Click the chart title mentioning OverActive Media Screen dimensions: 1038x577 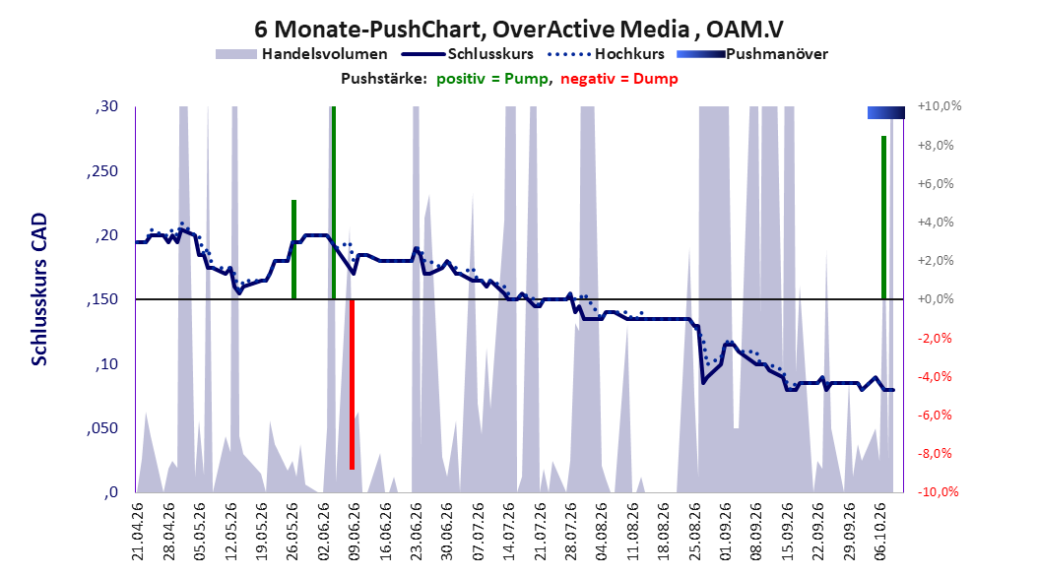[519, 30]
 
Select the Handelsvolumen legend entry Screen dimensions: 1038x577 [302, 54]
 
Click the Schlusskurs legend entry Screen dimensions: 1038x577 [468, 54]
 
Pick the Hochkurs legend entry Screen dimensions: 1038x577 [607, 54]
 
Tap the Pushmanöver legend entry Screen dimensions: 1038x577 [752, 54]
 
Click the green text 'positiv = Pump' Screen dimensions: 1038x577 [492, 79]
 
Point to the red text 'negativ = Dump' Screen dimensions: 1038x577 [619, 79]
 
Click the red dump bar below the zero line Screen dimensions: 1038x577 [353, 384]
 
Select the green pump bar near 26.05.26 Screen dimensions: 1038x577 [293, 249]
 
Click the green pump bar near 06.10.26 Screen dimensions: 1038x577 [883, 218]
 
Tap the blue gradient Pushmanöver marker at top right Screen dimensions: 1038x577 [886, 112]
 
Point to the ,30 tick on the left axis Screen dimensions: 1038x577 [106, 106]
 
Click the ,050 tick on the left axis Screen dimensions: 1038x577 [102, 428]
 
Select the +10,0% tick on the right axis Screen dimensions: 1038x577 [940, 106]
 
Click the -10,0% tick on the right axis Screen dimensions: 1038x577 [938, 491]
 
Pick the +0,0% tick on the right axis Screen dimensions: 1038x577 [936, 299]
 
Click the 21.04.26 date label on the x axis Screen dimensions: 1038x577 [137, 532]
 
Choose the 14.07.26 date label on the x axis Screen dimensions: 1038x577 [509, 532]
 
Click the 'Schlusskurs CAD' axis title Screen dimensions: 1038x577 [39, 289]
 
